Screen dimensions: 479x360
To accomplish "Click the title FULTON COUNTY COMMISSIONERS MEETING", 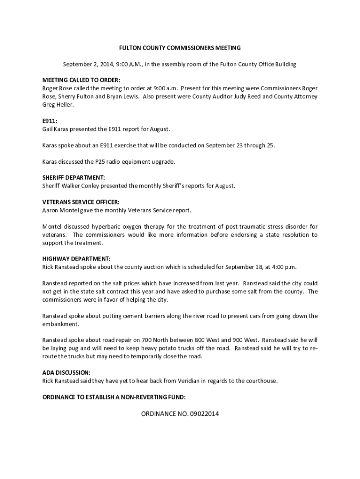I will coord(180,48).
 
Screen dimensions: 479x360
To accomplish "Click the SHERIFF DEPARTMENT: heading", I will coord(73,178).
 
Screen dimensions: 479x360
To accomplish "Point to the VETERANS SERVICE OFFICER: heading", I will coord(81,203).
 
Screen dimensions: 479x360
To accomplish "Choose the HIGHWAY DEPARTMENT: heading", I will coord(76,259).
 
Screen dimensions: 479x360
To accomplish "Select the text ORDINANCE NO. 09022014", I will coord(180,414).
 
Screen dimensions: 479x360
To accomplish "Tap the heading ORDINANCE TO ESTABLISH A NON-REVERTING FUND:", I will coord(114,397).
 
